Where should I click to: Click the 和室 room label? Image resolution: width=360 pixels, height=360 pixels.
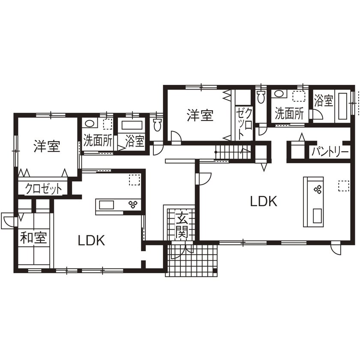click(33, 237)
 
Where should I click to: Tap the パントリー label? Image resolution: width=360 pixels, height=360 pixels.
click(330, 151)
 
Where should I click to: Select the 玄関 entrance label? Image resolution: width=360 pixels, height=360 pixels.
click(182, 225)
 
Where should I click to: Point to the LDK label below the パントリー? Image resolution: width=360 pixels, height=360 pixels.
click(264, 201)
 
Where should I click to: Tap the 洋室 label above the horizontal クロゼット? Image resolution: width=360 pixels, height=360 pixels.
click(47, 147)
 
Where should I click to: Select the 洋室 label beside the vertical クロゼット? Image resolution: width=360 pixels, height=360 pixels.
click(200, 115)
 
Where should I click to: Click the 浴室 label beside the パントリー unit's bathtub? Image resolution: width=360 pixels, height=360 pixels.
click(324, 101)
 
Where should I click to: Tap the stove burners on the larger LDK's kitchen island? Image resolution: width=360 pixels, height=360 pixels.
click(319, 189)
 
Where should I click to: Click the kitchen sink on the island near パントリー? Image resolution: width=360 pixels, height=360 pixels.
click(317, 216)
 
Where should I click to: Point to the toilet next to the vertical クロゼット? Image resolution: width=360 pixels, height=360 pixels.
click(261, 97)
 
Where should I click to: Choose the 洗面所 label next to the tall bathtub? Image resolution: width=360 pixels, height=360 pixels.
click(289, 113)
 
